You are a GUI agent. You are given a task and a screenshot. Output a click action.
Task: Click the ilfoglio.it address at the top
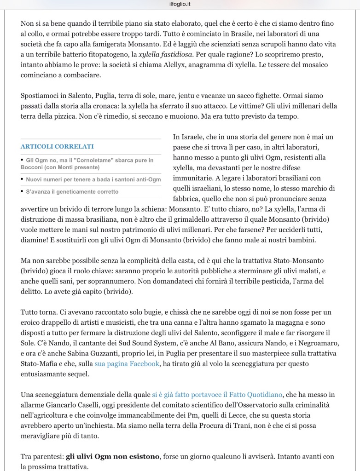[180, 4]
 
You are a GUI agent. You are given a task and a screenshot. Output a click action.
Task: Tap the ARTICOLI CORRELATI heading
[57, 146]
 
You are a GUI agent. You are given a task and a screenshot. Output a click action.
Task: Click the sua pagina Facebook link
[127, 364]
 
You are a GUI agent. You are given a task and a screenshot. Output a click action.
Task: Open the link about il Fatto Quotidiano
[219, 395]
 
